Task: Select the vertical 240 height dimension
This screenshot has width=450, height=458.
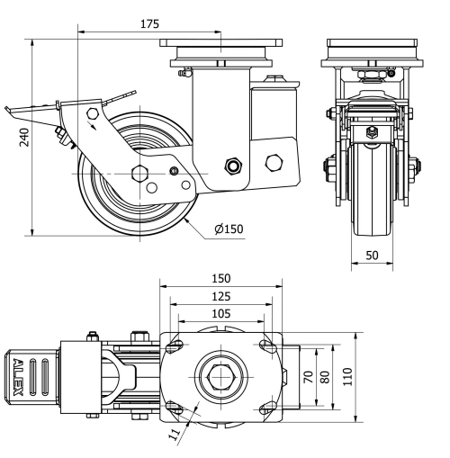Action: (26, 137)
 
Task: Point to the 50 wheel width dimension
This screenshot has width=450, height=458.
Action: (371, 256)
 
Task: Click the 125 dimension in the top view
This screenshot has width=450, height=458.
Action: (220, 296)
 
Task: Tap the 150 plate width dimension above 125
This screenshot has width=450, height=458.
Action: (220, 278)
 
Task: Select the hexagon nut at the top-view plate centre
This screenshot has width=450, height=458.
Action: (220, 377)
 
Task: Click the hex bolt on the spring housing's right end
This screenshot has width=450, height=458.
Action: (274, 163)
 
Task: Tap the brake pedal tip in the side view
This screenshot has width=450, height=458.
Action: (11, 113)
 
